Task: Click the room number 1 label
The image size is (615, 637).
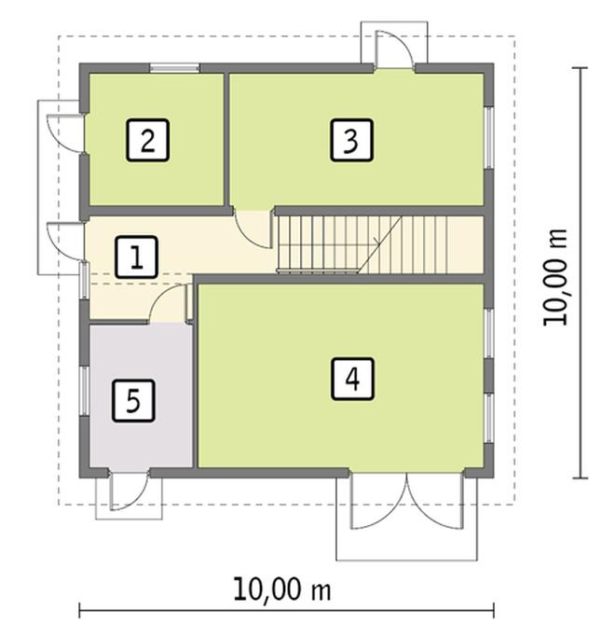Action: (136, 256)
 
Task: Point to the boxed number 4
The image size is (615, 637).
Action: (351, 378)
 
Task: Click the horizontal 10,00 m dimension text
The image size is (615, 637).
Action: (281, 589)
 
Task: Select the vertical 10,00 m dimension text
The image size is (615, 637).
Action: (557, 277)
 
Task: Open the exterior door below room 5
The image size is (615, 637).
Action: (128, 492)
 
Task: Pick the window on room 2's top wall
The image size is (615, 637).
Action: (174, 67)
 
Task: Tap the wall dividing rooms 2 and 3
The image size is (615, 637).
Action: (226, 140)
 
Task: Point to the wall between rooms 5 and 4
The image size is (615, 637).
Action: (195, 392)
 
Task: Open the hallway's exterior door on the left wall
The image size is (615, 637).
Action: (63, 241)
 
